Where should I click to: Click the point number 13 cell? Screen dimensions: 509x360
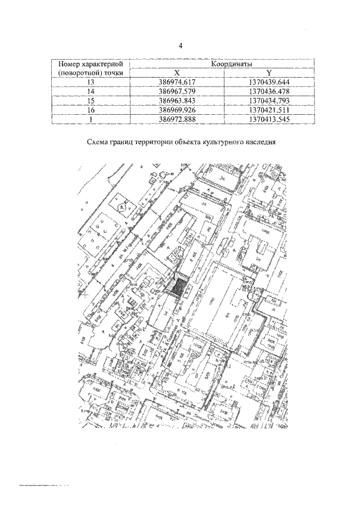(91, 83)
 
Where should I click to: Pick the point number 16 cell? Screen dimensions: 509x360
(91, 110)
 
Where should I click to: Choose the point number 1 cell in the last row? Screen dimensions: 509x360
(91, 119)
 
